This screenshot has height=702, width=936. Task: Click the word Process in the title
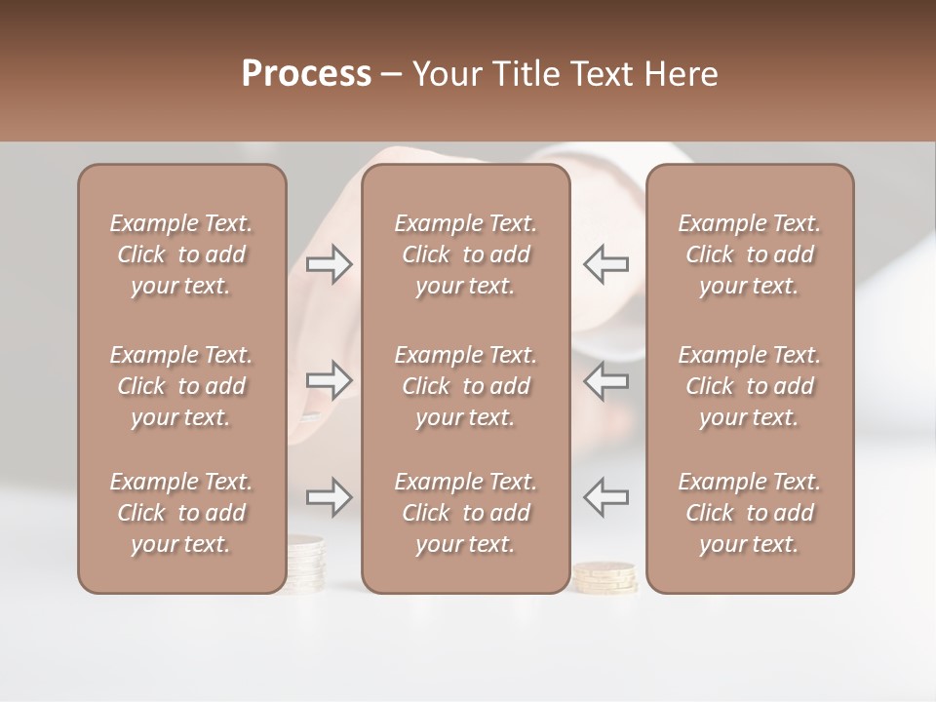[306, 74]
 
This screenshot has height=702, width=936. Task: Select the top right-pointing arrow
[330, 264]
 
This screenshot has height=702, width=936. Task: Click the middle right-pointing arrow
[330, 380]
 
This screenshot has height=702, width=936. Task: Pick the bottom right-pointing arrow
[330, 497]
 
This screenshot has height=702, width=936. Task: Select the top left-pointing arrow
[606, 264]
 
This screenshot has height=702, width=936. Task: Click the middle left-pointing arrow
[606, 380]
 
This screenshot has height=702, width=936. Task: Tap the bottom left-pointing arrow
[606, 497]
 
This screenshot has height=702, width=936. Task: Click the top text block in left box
[181, 254]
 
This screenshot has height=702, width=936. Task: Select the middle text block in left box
[181, 386]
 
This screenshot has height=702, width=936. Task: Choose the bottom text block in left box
[181, 513]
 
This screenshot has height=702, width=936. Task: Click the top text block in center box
[465, 254]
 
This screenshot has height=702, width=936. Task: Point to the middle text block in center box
[465, 386]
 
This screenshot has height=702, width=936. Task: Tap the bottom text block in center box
[465, 513]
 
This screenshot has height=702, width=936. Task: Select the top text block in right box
[750, 254]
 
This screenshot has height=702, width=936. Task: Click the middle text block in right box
[750, 386]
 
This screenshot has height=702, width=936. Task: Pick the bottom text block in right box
[750, 513]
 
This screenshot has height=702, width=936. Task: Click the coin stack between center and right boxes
[606, 577]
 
